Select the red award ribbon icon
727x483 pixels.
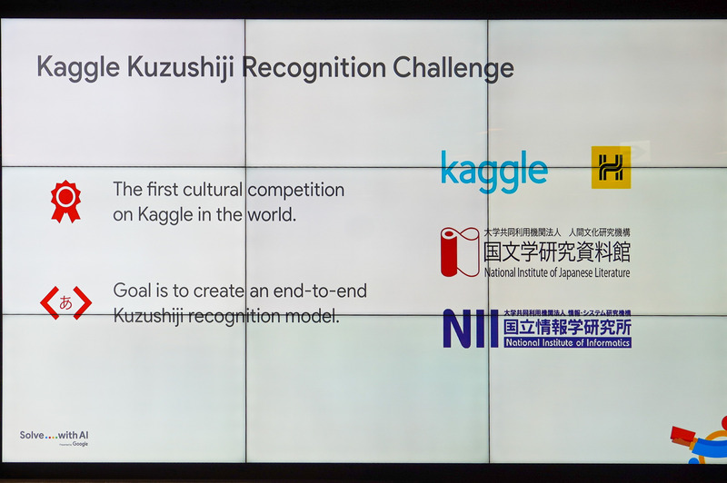65,201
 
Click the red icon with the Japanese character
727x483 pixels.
65,303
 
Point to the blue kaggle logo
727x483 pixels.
494,171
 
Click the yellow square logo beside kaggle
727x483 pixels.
611,167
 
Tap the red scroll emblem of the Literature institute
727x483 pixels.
459,251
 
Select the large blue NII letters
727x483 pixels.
471,329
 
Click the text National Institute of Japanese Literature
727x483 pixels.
556,272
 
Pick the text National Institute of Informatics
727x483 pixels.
567,343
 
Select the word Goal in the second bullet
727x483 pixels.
132,291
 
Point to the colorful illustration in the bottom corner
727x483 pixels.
701,442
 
